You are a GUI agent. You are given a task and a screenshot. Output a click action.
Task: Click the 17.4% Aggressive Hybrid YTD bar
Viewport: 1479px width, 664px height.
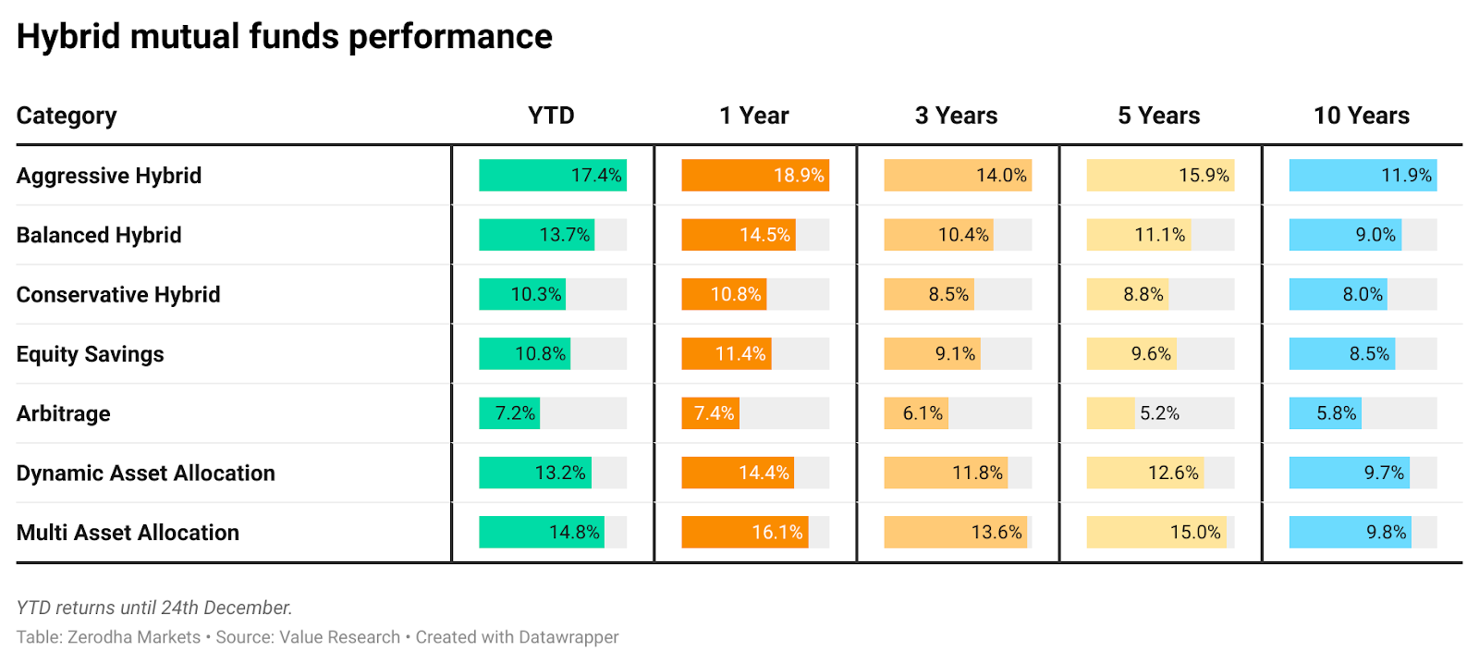pyautogui.click(x=552, y=176)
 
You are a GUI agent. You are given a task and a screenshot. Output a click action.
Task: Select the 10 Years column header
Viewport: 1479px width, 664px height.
pyautogui.click(x=1361, y=116)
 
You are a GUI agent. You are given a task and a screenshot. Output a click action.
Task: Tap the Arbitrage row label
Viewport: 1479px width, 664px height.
pyautogui.click(x=64, y=413)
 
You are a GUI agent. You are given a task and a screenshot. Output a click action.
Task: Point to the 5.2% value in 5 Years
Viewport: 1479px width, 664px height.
pyautogui.click(x=1159, y=413)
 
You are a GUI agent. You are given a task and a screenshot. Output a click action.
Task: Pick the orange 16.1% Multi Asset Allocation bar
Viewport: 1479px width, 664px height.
pyautogui.click(x=744, y=533)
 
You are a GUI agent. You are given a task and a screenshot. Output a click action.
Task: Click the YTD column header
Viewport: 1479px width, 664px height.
pyautogui.click(x=551, y=116)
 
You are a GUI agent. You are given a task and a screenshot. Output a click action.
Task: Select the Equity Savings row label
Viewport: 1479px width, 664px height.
pyautogui.click(x=90, y=354)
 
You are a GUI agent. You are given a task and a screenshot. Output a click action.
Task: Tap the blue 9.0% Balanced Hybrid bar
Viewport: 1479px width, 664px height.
pyautogui.click(x=1345, y=235)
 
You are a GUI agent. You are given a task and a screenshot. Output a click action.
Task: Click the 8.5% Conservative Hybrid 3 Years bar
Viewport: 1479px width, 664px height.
pyautogui.click(x=928, y=295)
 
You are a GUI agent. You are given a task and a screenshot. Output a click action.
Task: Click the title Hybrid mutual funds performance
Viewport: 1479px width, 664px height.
pyautogui.click(x=284, y=37)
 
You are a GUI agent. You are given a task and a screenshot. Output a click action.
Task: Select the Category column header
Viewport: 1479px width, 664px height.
pyautogui.click(x=67, y=116)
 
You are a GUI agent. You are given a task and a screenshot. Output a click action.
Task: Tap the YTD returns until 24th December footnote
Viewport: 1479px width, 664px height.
pyautogui.click(x=154, y=608)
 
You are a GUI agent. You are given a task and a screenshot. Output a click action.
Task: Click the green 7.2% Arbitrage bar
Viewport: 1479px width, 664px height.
pyautogui.click(x=508, y=413)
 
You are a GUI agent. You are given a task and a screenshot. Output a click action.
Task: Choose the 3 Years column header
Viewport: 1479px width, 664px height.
pyautogui.click(x=956, y=116)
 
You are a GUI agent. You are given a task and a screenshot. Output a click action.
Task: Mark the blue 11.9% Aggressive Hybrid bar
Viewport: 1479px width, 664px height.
pyautogui.click(x=1363, y=176)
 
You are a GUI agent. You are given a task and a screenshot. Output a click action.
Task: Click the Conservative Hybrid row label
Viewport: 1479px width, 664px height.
pyautogui.click(x=118, y=295)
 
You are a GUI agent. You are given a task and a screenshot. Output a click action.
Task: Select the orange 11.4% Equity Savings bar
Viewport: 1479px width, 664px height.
pyautogui.click(x=726, y=354)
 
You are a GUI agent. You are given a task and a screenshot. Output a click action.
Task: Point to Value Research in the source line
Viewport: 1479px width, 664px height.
pyautogui.click(x=339, y=637)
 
